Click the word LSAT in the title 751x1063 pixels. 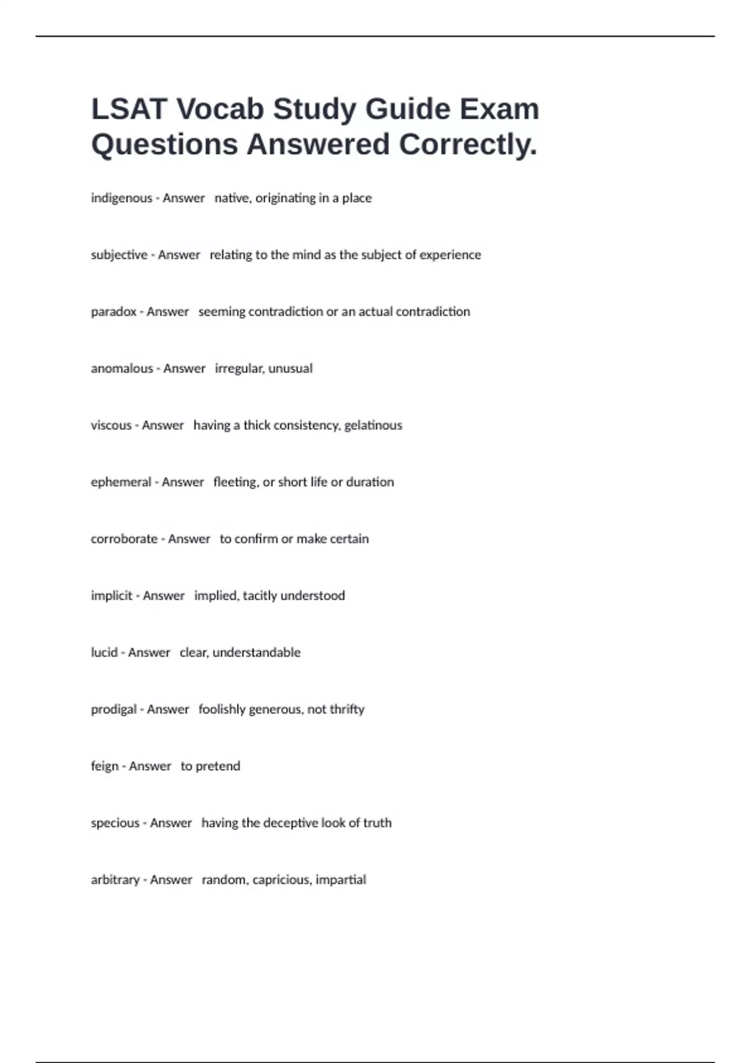tap(129, 109)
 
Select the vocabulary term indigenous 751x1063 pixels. tap(121, 198)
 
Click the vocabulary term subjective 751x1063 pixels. tap(119, 255)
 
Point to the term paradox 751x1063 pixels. tap(113, 311)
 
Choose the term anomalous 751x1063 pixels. tap(121, 368)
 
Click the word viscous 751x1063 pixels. tap(111, 425)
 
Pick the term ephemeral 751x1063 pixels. tap(121, 482)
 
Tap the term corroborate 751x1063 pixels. tap(124, 539)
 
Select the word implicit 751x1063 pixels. tap(111, 596)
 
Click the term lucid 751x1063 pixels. tap(104, 652)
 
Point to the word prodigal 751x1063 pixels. tap(113, 709)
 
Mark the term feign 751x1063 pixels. tap(105, 766)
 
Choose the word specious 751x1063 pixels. tap(115, 823)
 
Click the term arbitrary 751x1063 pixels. tap(115, 880)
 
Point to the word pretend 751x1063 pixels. tap(218, 766)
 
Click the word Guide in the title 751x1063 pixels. tap(407, 109)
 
